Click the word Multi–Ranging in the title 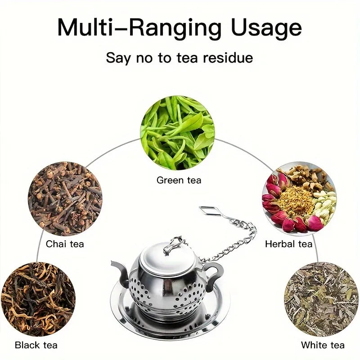point(139,28)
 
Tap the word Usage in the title point(266,28)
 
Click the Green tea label point(179,180)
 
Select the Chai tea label point(65,244)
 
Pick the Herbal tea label point(288,244)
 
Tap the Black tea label point(36,345)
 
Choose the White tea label point(323,345)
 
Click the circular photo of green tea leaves point(177,133)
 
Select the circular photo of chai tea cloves point(65,199)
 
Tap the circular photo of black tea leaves point(38,299)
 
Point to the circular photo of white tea point(321,299)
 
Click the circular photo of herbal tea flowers point(299,199)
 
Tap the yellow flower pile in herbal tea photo point(296,200)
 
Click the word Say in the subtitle point(118,58)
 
